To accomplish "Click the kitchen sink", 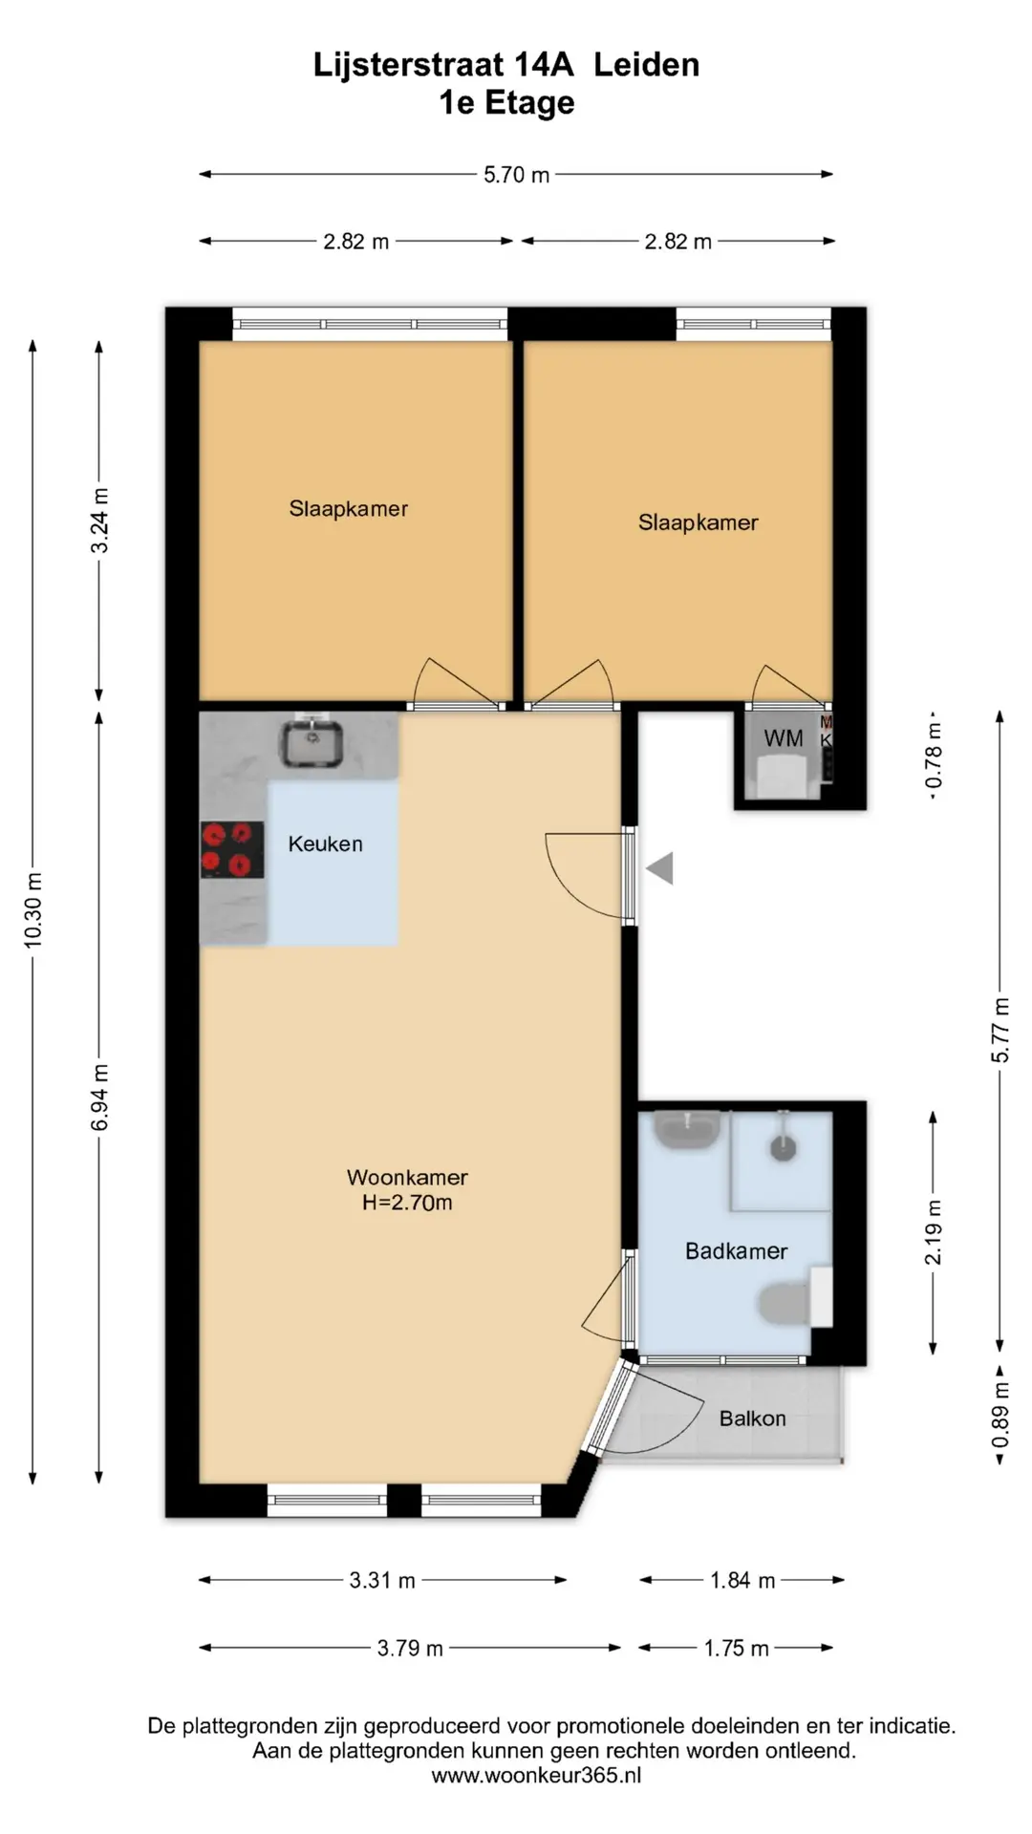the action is pos(312,744).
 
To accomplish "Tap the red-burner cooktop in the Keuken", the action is pos(232,849).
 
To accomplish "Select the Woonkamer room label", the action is pos(407,1177).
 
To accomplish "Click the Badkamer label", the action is pos(736,1250).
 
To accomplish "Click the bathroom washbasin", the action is pos(687,1130).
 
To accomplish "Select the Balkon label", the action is pos(753,1418).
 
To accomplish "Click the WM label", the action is pos(784,737).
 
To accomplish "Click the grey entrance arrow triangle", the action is pos(660,868).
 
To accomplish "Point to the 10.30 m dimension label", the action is pos(33,911).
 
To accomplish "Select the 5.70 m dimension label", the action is pos(517,175).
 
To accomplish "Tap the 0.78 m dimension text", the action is pos(934,755).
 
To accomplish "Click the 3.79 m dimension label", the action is pos(410,1648).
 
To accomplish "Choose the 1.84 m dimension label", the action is pos(742,1580).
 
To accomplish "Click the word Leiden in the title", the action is pos(647,65).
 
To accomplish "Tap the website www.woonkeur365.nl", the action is pos(536,1776).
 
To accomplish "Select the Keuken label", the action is pos(326,843).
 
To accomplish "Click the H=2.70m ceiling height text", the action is pos(407,1203).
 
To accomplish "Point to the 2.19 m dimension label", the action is pos(934,1232).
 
